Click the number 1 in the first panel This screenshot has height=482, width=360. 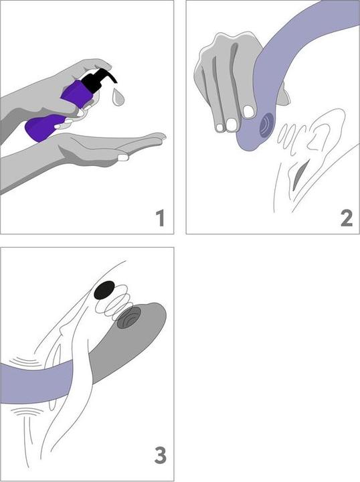[x=161, y=218]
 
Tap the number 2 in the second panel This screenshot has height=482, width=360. [x=347, y=218]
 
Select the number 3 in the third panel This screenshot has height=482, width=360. [x=161, y=456]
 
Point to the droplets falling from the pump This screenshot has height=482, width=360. [x=118, y=97]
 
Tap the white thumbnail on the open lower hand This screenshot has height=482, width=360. [x=123, y=157]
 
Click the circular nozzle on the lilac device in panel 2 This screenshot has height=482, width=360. [x=266, y=125]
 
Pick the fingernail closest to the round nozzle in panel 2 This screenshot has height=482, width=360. [x=248, y=112]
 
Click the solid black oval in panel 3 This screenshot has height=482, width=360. [x=104, y=290]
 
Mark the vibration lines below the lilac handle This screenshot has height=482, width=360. [x=25, y=411]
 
